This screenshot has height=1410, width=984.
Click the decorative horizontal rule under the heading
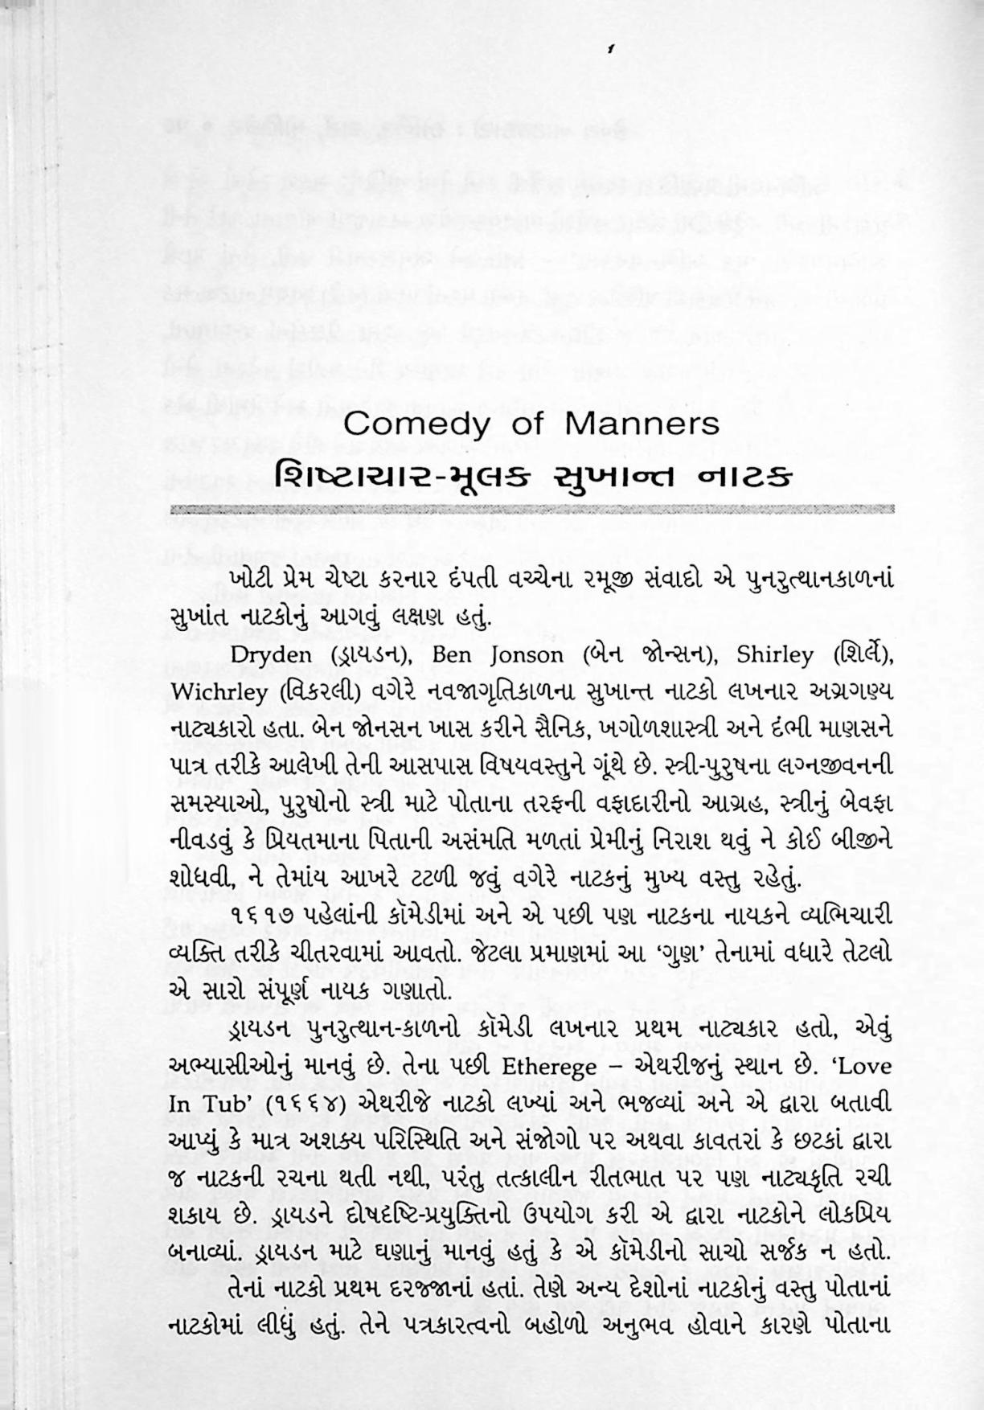(532, 510)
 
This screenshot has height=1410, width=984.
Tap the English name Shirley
(775, 654)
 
